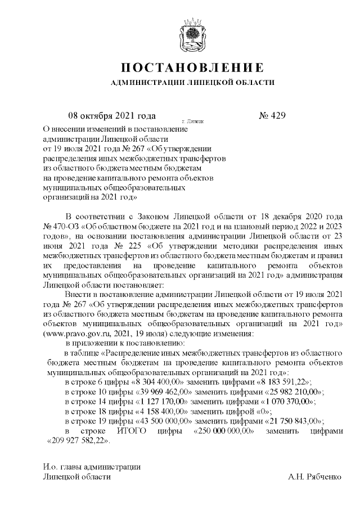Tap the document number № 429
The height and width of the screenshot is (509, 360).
point(272,116)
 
